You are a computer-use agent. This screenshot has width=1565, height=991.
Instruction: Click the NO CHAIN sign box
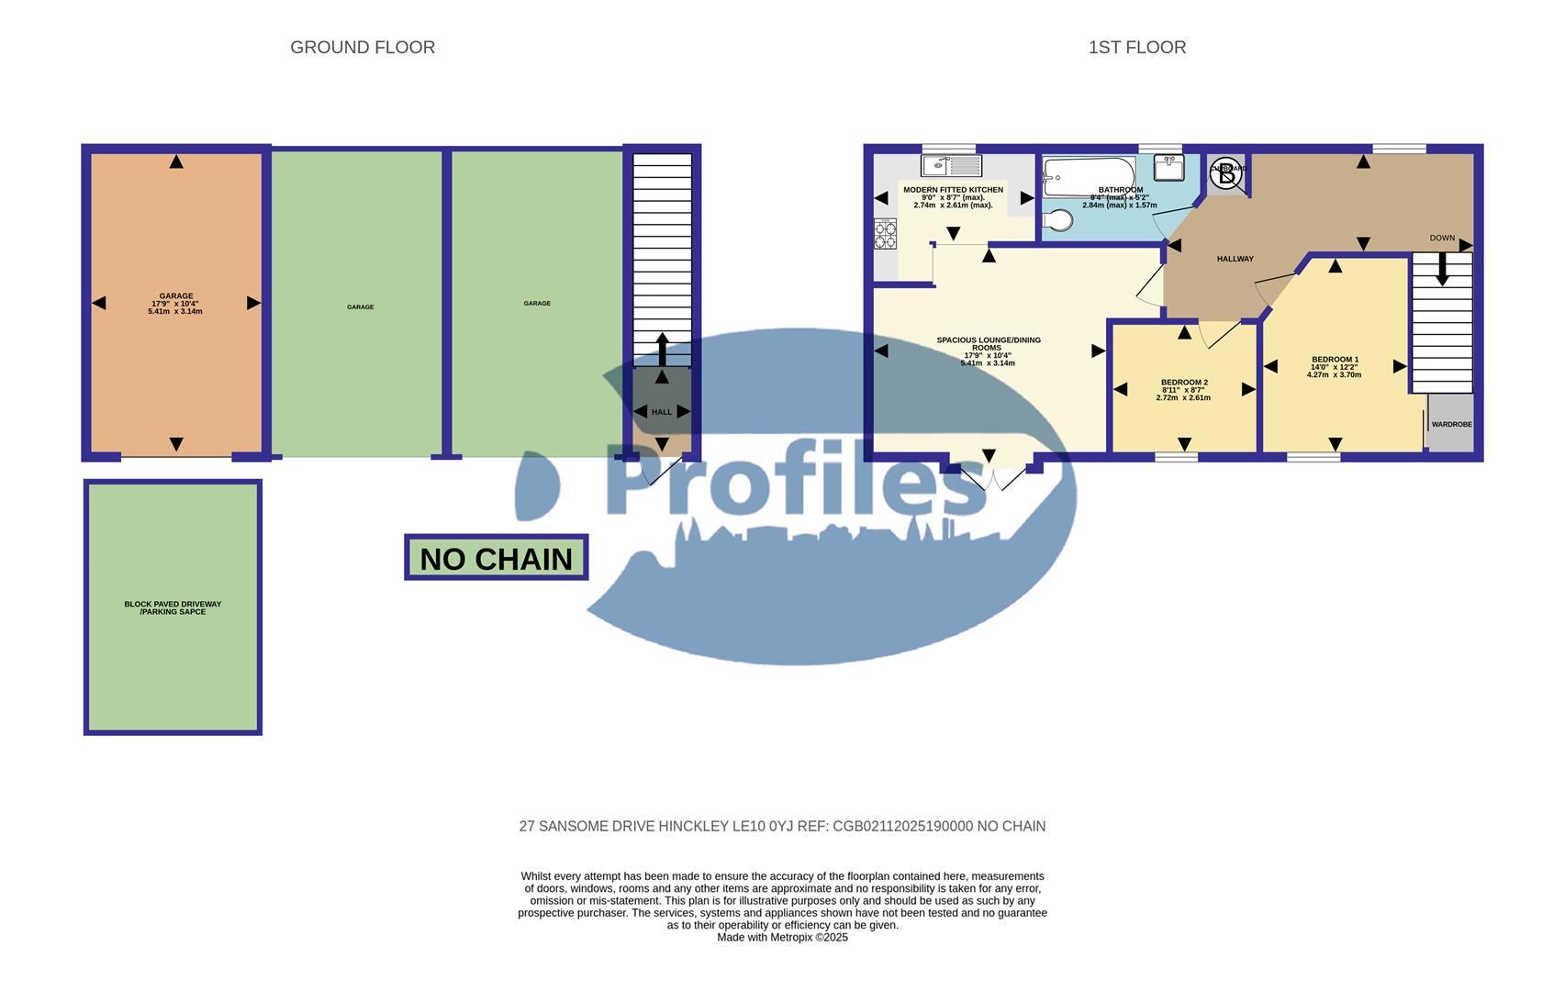(496, 558)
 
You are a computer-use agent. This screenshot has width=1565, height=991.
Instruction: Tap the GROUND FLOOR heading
(363, 47)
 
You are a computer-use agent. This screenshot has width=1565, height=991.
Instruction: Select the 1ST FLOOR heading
(1136, 47)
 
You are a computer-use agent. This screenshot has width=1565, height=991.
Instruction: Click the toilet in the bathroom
(1058, 220)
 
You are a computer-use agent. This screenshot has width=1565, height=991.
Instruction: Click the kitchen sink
(951, 166)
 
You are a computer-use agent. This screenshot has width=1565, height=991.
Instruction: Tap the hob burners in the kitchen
(885, 234)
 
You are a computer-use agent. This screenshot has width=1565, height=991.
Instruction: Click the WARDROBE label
(1451, 425)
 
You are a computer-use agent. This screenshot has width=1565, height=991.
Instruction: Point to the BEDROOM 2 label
(1184, 383)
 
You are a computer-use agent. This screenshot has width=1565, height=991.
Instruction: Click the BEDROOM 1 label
(1335, 360)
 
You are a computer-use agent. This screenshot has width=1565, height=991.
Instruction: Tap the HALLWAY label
(1235, 259)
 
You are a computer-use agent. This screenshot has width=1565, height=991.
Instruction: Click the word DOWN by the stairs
(1442, 238)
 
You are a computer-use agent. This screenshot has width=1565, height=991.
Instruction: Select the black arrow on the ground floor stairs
(662, 350)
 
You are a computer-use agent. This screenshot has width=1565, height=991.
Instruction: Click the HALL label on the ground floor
(662, 412)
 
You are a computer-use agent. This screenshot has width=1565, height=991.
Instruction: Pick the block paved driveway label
(173, 607)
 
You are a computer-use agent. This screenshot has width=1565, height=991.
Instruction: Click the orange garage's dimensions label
(175, 307)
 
